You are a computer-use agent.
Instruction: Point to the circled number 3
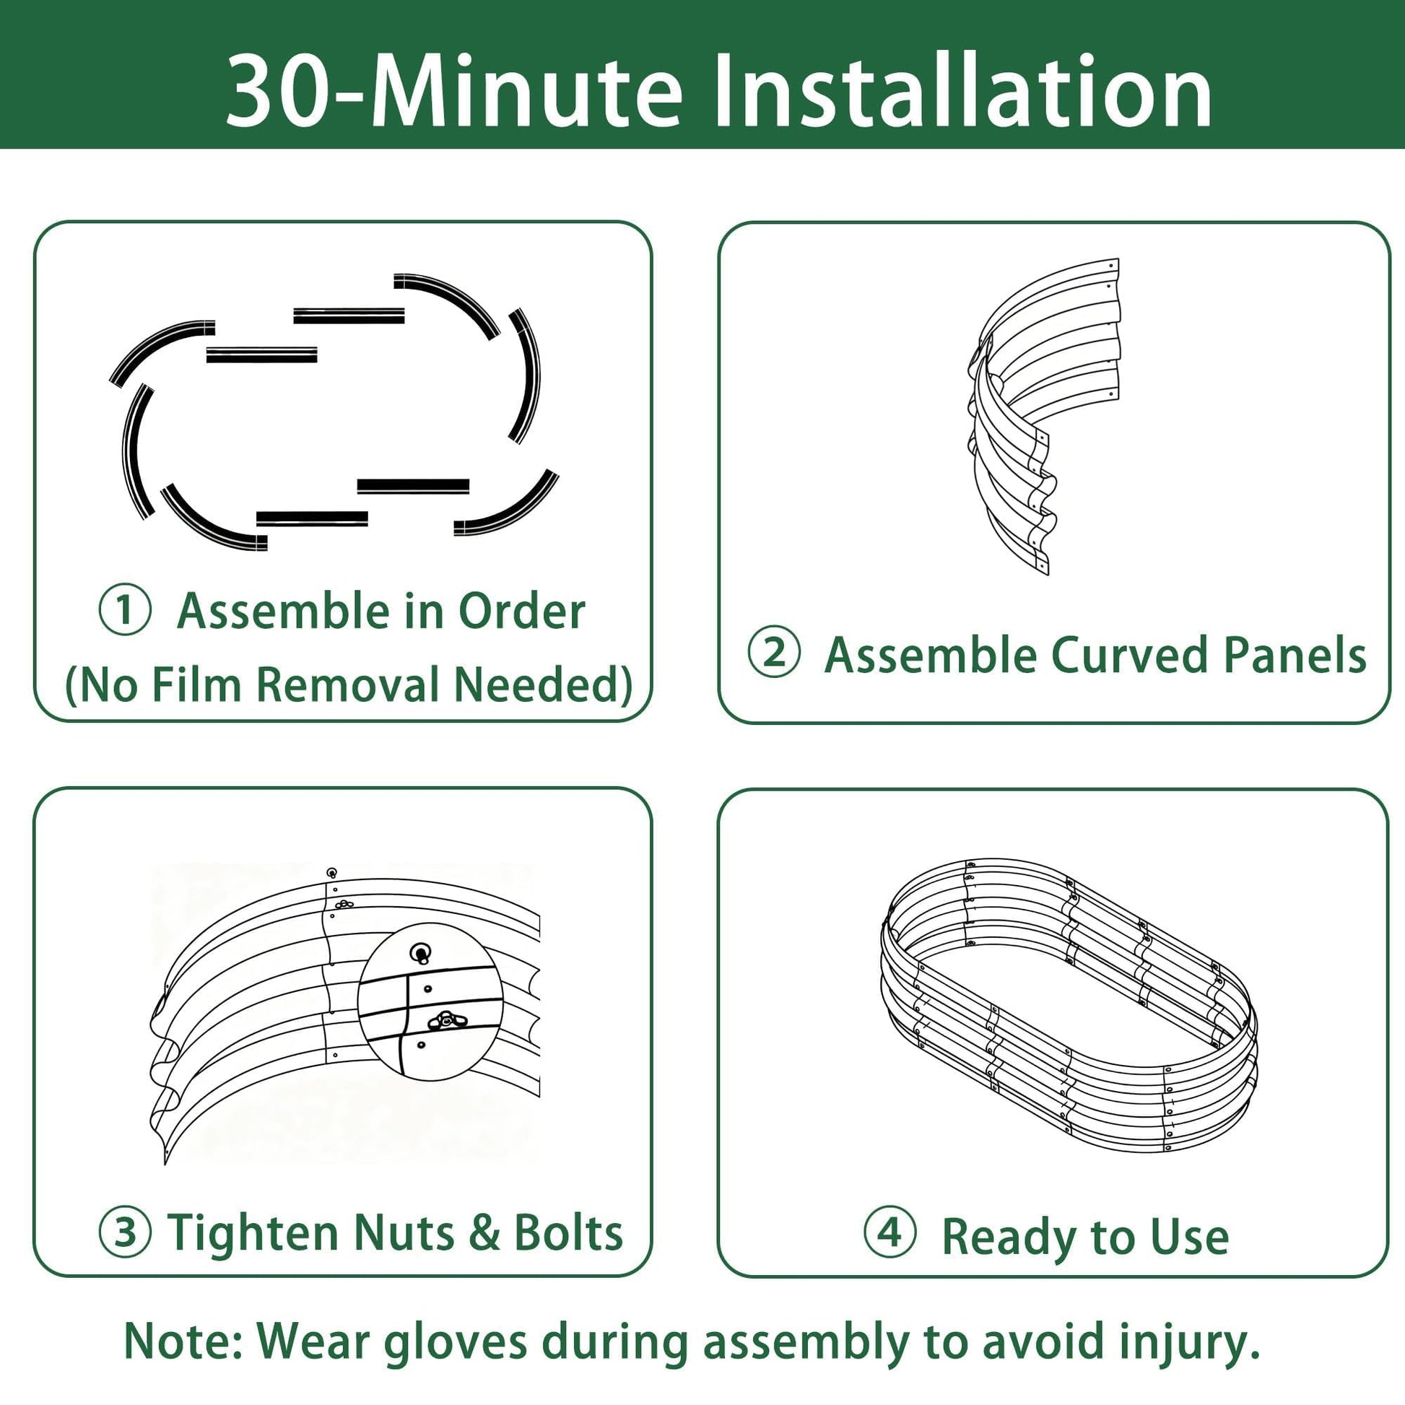(125, 1232)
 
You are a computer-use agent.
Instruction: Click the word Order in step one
(521, 611)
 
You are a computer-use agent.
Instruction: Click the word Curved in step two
(1130, 655)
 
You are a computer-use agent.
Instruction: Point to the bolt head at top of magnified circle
(421, 953)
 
